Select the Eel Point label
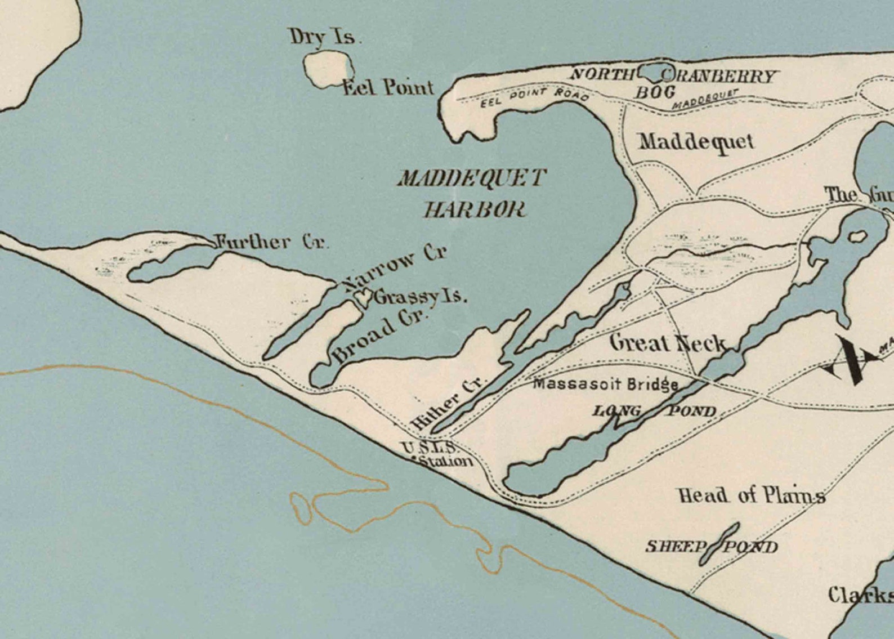(388, 88)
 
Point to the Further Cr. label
(272, 243)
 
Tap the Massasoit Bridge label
(605, 385)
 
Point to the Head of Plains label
(751, 495)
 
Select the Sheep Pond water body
(719, 543)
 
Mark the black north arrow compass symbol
(851, 360)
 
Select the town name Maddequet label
(696, 141)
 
